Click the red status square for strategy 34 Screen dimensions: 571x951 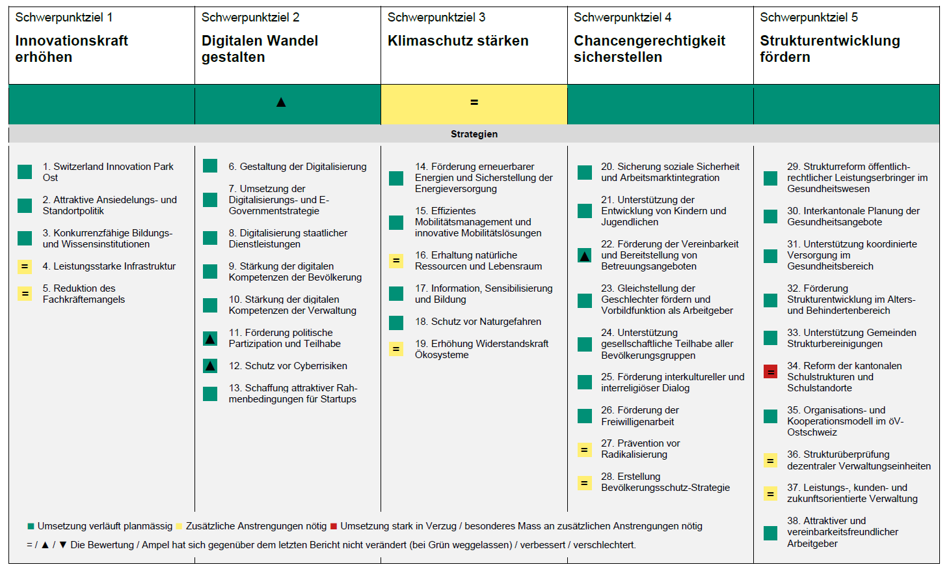(x=770, y=372)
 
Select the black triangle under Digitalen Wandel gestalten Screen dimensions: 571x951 (x=281, y=102)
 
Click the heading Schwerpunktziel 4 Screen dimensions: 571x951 (x=622, y=18)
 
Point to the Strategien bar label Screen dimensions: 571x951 (x=474, y=134)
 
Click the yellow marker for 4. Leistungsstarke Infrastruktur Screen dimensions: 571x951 (x=25, y=266)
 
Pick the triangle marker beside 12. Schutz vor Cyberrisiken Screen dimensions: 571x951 (x=210, y=366)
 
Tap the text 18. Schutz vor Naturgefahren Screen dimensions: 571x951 (x=478, y=322)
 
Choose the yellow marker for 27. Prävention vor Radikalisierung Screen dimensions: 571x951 (x=584, y=449)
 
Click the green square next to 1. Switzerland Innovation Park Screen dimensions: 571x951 (x=25, y=172)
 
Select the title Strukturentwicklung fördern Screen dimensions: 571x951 (x=829, y=49)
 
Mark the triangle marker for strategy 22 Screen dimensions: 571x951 (x=585, y=256)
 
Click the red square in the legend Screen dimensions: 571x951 (x=334, y=526)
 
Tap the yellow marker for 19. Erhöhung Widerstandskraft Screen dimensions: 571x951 (x=395, y=349)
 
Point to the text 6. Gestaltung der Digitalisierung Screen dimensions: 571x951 (x=297, y=167)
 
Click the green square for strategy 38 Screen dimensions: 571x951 (x=770, y=533)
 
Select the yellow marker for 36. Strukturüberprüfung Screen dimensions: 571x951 (x=770, y=460)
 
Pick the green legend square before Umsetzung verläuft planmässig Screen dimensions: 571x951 (x=31, y=526)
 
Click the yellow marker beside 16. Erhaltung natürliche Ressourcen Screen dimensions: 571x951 (x=395, y=260)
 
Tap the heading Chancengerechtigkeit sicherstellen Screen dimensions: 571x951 (x=649, y=49)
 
